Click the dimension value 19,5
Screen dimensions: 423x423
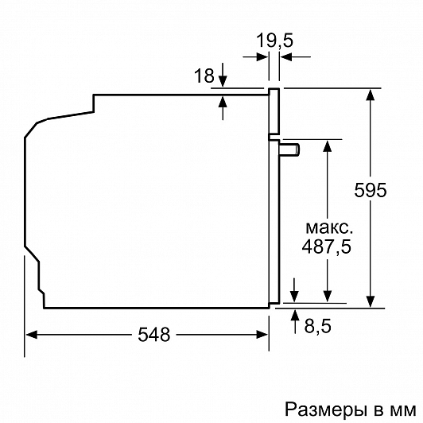tap(274, 41)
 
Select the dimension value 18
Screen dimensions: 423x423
tap(204, 76)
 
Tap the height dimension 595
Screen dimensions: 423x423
tap(371, 190)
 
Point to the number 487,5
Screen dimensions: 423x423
tap(327, 246)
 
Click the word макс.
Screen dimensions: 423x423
tap(329, 228)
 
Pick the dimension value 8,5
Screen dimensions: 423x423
tap(318, 326)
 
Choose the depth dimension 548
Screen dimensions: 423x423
tap(153, 335)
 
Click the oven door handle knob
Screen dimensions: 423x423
tap(289, 149)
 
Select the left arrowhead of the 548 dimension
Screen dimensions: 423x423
tap(31, 335)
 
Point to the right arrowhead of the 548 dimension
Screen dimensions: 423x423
tap(262, 335)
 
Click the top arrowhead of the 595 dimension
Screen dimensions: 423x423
tap(371, 95)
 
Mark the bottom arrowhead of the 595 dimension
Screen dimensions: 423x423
tap(371, 301)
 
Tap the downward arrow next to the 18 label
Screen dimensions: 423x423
tap(223, 75)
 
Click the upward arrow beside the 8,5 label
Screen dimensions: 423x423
tap(295, 321)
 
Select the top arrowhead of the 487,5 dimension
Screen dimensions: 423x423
tap(328, 146)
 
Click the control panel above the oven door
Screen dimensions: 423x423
tap(274, 111)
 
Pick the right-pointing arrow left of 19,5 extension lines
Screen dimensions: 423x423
tap(255, 57)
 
